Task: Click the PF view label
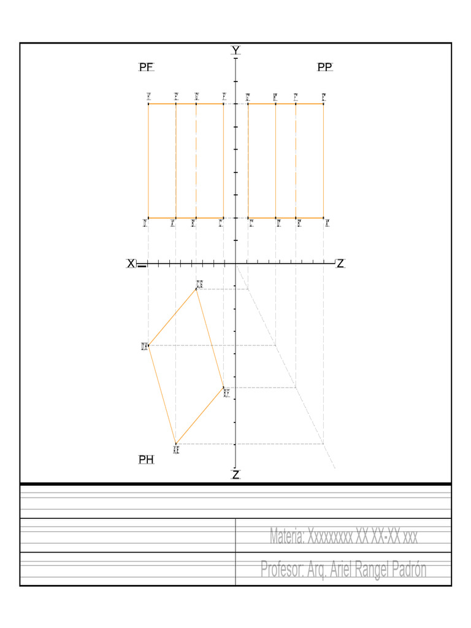tap(147, 67)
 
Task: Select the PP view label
tap(325, 67)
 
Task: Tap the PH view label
tap(146, 459)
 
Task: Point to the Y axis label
tap(235, 50)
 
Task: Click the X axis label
tap(131, 264)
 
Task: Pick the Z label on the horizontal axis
tap(340, 264)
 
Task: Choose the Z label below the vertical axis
tap(235, 475)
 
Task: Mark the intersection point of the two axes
tap(235, 264)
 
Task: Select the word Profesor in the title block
tap(283, 570)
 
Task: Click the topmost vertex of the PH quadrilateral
tap(196, 288)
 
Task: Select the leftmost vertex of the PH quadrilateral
tap(148, 346)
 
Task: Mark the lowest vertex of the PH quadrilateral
tap(176, 443)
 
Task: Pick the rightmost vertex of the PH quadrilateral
tap(224, 388)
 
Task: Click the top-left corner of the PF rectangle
tap(148, 104)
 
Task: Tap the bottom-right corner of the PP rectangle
tap(323, 218)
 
